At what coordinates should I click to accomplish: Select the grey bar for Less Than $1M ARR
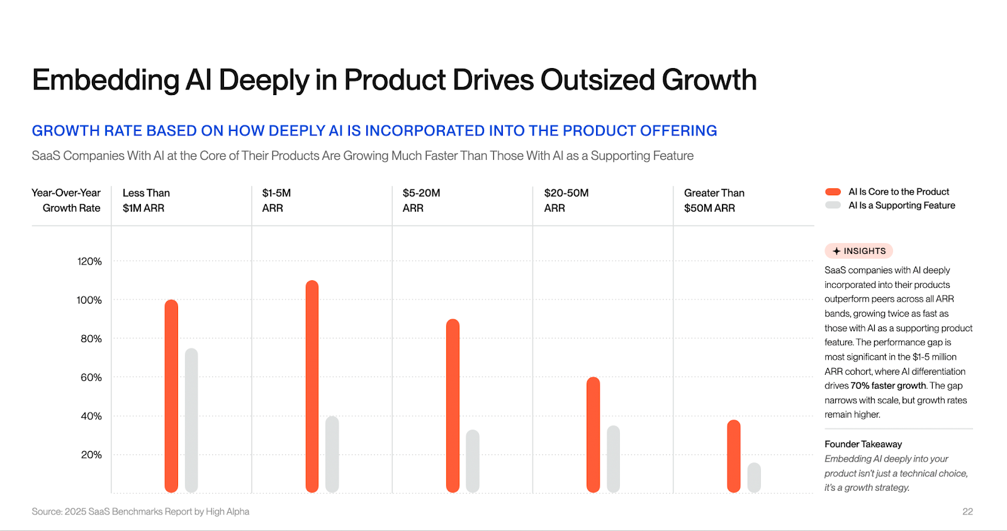(x=191, y=420)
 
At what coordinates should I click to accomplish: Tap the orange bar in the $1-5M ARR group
(x=312, y=386)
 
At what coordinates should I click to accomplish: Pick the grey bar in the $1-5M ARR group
(x=332, y=454)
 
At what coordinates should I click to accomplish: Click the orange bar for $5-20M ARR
(x=453, y=406)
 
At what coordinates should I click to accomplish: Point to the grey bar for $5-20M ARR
(x=473, y=461)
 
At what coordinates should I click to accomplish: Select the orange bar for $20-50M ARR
(x=593, y=435)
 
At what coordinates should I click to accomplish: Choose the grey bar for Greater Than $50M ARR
(x=754, y=477)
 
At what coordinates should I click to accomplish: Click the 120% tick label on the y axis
(x=89, y=261)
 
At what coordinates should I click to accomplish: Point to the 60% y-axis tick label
(x=91, y=377)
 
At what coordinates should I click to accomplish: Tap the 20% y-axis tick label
(x=91, y=455)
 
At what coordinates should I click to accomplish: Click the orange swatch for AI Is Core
(x=833, y=191)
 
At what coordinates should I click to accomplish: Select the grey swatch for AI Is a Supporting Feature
(x=833, y=205)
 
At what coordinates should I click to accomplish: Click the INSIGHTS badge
(x=858, y=251)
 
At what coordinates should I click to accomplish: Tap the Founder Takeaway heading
(x=863, y=444)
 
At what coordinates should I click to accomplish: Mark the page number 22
(x=967, y=511)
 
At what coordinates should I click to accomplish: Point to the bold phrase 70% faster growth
(x=888, y=385)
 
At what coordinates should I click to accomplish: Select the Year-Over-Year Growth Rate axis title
(x=66, y=200)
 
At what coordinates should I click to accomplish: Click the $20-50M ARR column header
(x=566, y=200)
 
